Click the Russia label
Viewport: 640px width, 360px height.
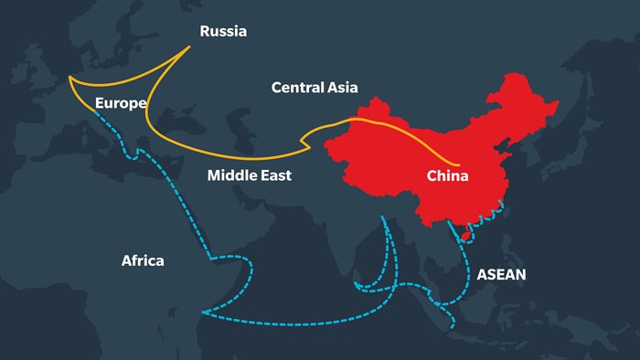[x=223, y=31]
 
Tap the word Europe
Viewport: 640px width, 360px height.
[x=121, y=103]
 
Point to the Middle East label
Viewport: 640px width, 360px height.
[x=250, y=175]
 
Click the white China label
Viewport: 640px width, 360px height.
[x=448, y=175]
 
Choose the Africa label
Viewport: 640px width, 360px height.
[x=143, y=260]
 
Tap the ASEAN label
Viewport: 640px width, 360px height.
[x=501, y=273]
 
